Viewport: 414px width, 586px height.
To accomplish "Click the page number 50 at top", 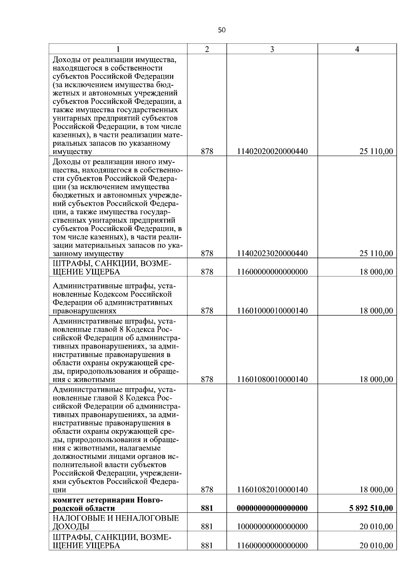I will pos(222,30).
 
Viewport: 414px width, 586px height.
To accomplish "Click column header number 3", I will pos(272,49).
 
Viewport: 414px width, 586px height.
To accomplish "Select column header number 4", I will pos(357,49).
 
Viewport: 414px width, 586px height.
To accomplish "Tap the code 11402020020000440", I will pos(272,151).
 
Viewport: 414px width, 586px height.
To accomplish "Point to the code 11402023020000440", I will pos(272,253).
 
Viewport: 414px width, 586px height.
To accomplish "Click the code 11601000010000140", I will pos(272,311).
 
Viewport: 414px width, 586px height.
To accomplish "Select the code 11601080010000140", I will pos(272,380).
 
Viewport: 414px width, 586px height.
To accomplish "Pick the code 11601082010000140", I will pos(272,489).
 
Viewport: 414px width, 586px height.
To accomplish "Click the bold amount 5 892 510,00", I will pos(371,508).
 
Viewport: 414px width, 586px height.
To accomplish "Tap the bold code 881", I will pos(207,508).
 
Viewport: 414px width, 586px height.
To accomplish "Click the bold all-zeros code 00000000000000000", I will pos(272,508).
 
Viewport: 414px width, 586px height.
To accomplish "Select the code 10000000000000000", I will pos(272,527).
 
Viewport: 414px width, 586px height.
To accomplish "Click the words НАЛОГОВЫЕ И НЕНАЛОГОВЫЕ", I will pos(116,518).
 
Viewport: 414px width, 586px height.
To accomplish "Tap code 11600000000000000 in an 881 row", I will pos(272,546).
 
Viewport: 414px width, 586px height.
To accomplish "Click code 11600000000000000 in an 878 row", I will pos(272,272).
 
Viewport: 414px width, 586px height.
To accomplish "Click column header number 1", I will pos(118,49).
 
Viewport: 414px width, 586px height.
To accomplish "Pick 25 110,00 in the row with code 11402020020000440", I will pos(376,151).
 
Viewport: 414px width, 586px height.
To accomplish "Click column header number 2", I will pos(207,49).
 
